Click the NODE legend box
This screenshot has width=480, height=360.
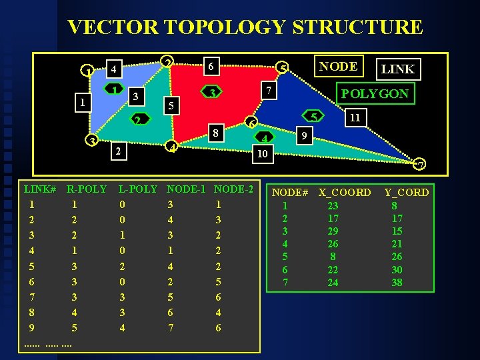click(x=338, y=66)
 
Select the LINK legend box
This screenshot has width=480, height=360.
click(x=397, y=68)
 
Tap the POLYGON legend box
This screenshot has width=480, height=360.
click(x=375, y=93)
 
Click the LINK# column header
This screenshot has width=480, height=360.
click(x=39, y=189)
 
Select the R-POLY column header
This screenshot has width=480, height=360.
click(x=87, y=189)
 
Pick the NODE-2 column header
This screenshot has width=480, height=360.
click(x=234, y=189)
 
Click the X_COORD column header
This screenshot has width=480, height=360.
click(x=345, y=193)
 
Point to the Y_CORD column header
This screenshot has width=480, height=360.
click(x=407, y=193)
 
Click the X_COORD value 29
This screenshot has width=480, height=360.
click(x=333, y=231)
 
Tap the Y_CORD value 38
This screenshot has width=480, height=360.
click(x=397, y=282)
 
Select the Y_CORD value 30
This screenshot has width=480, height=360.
click(x=397, y=269)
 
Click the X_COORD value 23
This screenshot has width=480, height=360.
click(x=333, y=206)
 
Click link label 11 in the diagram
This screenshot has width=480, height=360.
click(x=355, y=117)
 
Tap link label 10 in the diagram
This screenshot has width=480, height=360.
click(x=263, y=153)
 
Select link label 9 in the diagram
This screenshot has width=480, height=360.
click(x=303, y=135)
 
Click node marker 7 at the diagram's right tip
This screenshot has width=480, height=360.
click(x=420, y=164)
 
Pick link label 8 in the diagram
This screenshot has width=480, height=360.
click(x=215, y=132)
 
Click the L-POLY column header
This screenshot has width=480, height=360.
click(x=138, y=189)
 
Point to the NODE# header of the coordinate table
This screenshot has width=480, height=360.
click(x=291, y=193)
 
